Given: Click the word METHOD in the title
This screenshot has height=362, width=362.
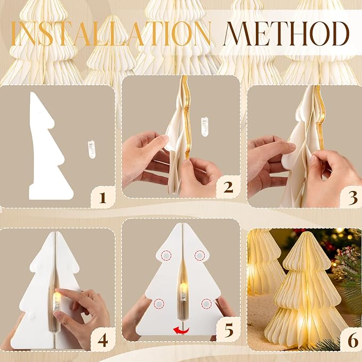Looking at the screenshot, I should [x=287, y=34].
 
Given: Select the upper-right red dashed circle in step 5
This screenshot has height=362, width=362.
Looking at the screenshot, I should [x=200, y=255].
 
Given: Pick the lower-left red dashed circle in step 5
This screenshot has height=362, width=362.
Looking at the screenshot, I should [x=158, y=304].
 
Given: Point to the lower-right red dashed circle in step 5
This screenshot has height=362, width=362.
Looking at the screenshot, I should [x=207, y=304].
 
